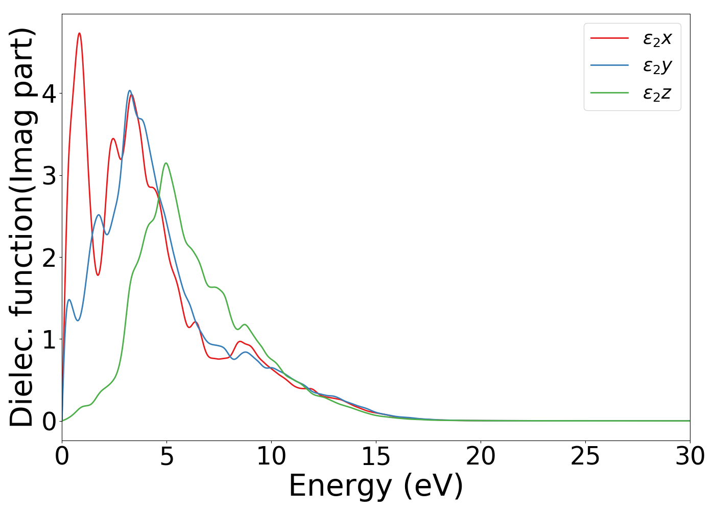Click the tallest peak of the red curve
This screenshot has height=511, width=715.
79,33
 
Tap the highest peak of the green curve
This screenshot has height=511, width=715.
166,163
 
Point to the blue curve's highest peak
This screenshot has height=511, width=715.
130,90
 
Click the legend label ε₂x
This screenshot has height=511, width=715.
657,38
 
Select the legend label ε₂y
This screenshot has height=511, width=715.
657,66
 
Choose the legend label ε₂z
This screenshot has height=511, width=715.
657,94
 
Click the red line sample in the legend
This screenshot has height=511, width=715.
609,38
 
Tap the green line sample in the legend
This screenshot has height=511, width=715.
609,93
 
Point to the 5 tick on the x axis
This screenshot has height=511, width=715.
166,456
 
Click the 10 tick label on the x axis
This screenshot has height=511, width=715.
271,456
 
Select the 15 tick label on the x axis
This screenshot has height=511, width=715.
376,456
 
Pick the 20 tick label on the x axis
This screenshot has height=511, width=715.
481,456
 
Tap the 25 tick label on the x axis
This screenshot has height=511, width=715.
585,456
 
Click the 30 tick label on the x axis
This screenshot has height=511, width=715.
690,456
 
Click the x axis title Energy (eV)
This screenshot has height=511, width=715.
376,485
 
